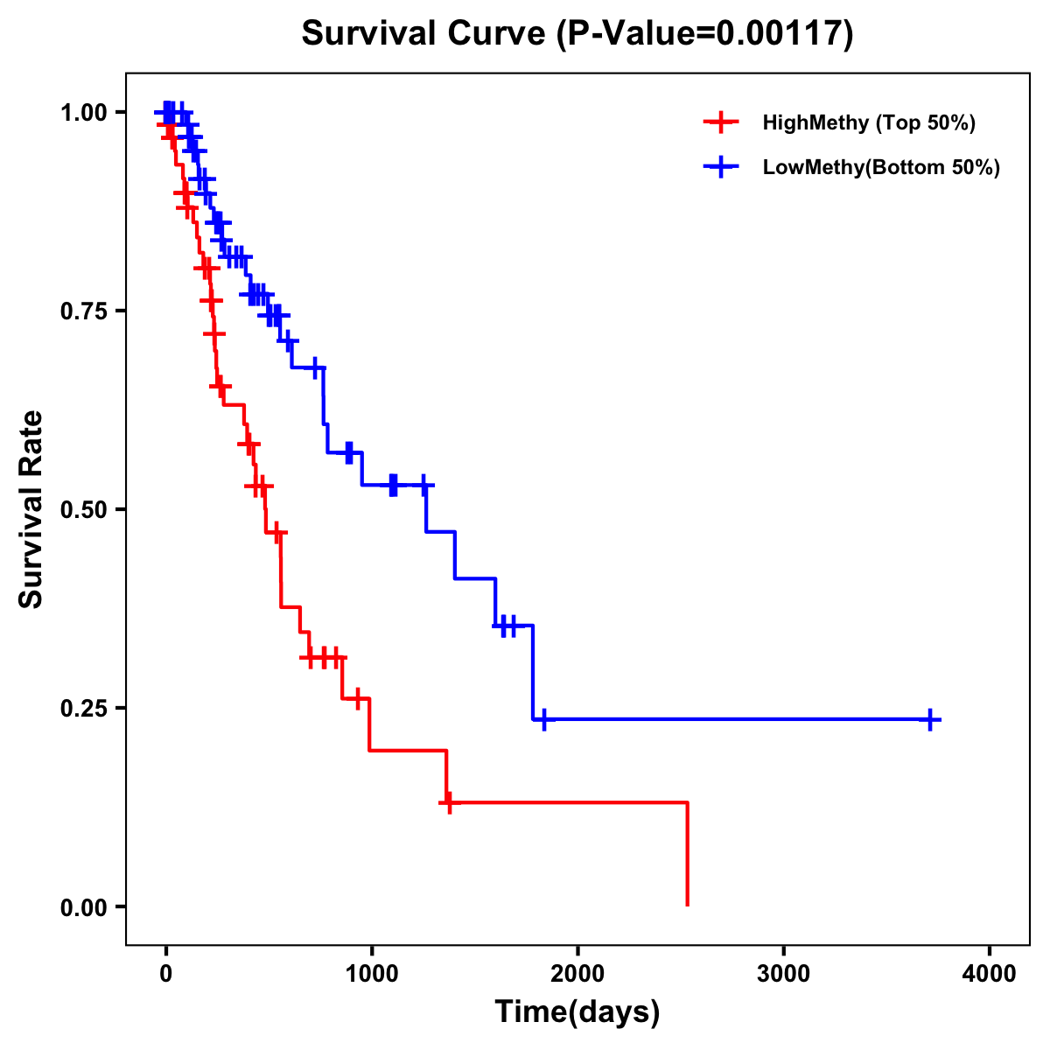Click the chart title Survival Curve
426,33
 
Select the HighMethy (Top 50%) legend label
868,122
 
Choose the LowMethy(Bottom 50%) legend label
881,167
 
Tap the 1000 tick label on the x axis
371,974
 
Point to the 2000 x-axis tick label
577,974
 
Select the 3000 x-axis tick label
783,974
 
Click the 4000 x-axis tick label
990,974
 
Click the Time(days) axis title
577,1012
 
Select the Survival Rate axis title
31,509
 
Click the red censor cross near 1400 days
449,801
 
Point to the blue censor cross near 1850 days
544,719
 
